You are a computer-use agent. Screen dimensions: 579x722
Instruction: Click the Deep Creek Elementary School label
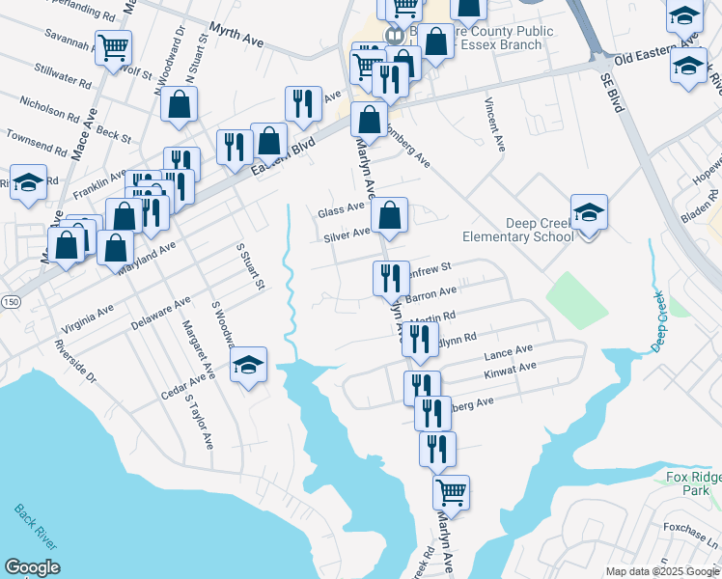tap(518, 229)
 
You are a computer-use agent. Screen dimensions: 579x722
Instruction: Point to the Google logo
tap(32, 567)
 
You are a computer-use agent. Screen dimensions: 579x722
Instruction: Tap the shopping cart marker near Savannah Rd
tap(115, 47)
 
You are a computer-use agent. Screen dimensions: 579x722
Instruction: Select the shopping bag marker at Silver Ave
tap(389, 216)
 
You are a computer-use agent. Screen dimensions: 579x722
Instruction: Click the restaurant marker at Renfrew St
tap(391, 279)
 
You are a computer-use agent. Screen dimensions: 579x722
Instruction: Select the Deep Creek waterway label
tap(659, 320)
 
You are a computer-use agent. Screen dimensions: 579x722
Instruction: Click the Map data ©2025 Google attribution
tap(662, 571)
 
